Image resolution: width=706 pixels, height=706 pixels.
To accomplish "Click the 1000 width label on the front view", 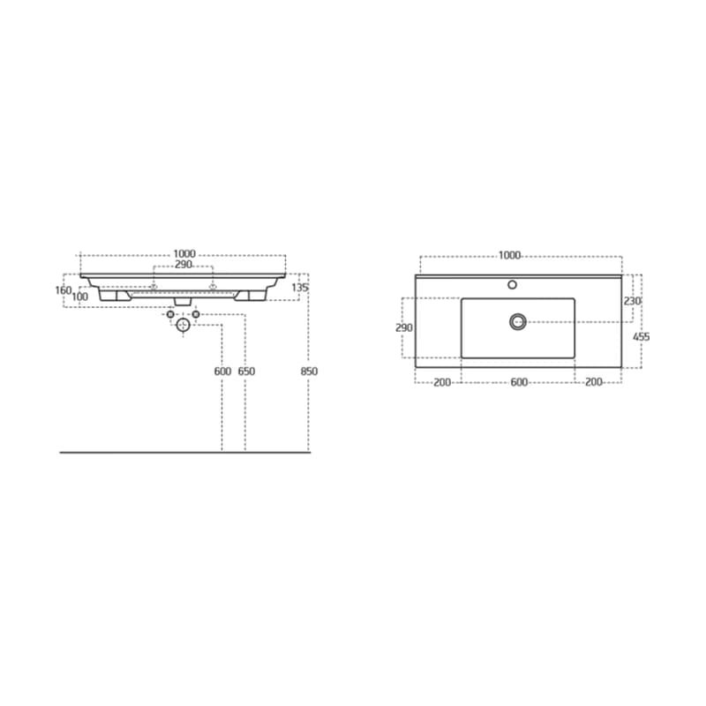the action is pos(184,254).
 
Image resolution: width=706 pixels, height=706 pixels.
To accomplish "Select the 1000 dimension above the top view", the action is pos(510,255).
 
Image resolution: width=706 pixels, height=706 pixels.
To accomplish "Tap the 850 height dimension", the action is pos(309,372).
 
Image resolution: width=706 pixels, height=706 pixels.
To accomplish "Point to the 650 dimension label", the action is pos(246,372).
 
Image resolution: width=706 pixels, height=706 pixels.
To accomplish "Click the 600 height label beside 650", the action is pos(222,372).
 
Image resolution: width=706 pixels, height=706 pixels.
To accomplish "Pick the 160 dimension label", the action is pos(64,290).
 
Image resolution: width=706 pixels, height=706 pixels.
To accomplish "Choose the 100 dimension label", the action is pos(79,297).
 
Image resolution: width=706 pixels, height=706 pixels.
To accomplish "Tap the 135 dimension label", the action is pos(300,288).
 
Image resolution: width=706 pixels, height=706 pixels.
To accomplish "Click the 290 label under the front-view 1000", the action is pos(184,265).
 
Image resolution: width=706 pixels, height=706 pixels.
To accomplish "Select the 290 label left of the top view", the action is pos(404,327).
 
